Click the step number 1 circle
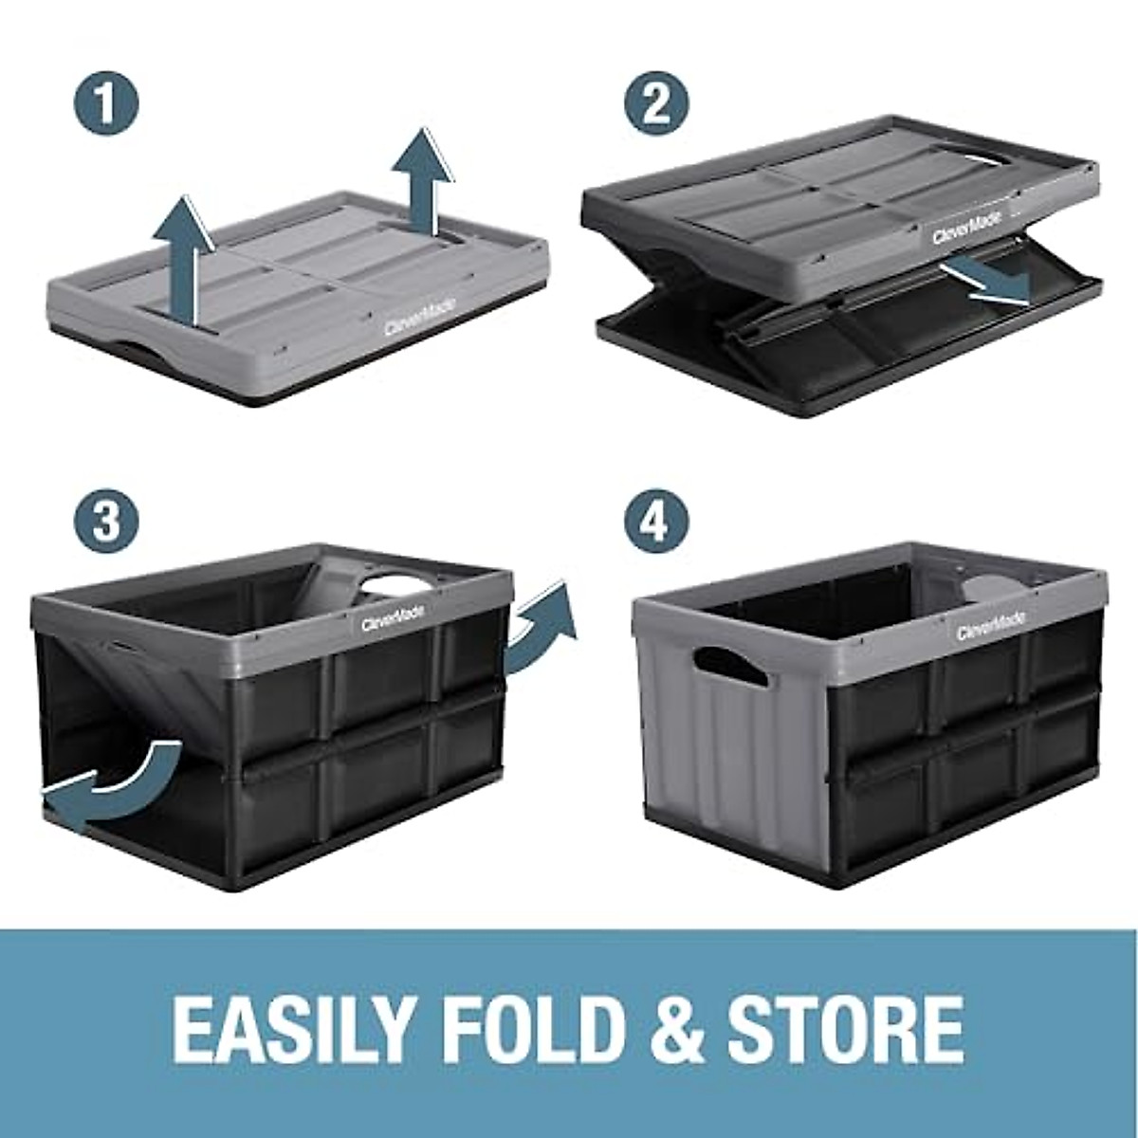coord(107,105)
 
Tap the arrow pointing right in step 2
coord(986,284)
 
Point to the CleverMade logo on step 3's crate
coord(393,614)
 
